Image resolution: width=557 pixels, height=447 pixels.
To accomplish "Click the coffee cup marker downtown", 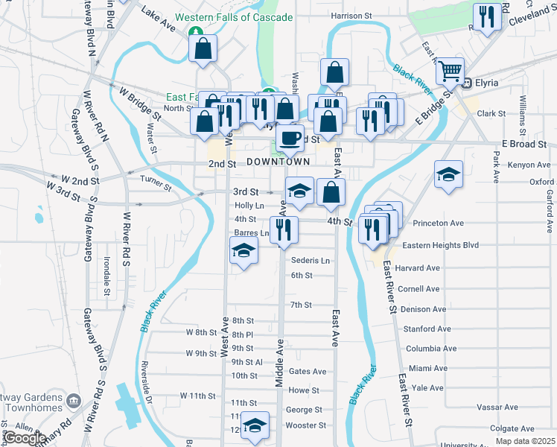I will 290,138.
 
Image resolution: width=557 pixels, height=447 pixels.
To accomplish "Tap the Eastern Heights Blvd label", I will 439,245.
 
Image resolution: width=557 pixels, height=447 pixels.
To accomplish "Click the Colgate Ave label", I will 513,428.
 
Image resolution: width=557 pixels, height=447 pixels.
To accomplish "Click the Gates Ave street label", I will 308,371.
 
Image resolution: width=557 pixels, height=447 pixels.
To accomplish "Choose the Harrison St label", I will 351,15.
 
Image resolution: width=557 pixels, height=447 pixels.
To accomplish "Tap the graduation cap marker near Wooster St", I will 255,425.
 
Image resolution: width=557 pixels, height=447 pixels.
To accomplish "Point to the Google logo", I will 24,438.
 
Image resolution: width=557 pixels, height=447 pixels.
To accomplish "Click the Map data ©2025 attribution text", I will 525,441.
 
